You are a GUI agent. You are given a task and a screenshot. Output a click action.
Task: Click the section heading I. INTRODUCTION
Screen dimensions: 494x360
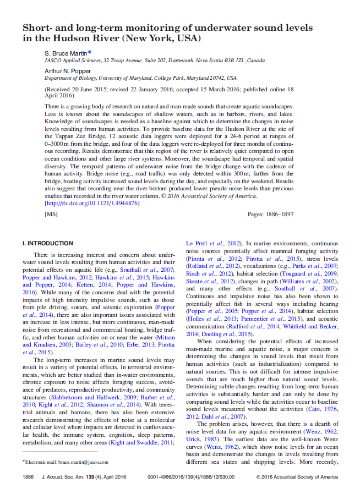[47, 243]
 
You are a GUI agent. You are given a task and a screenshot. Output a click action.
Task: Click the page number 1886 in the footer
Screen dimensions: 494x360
[28, 477]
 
